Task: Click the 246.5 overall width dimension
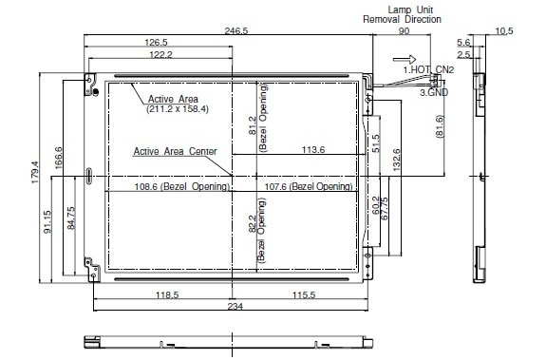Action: click(x=236, y=31)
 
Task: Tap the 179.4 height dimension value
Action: click(x=35, y=172)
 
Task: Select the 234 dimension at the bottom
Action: click(x=235, y=307)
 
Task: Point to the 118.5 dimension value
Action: click(x=167, y=295)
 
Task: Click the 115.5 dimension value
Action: click(x=304, y=295)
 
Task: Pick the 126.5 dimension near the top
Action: click(x=156, y=43)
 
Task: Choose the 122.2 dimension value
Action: click(x=160, y=55)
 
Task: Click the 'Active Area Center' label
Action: click(x=175, y=151)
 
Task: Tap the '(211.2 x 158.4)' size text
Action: click(x=178, y=109)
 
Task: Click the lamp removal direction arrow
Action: click(x=405, y=60)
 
